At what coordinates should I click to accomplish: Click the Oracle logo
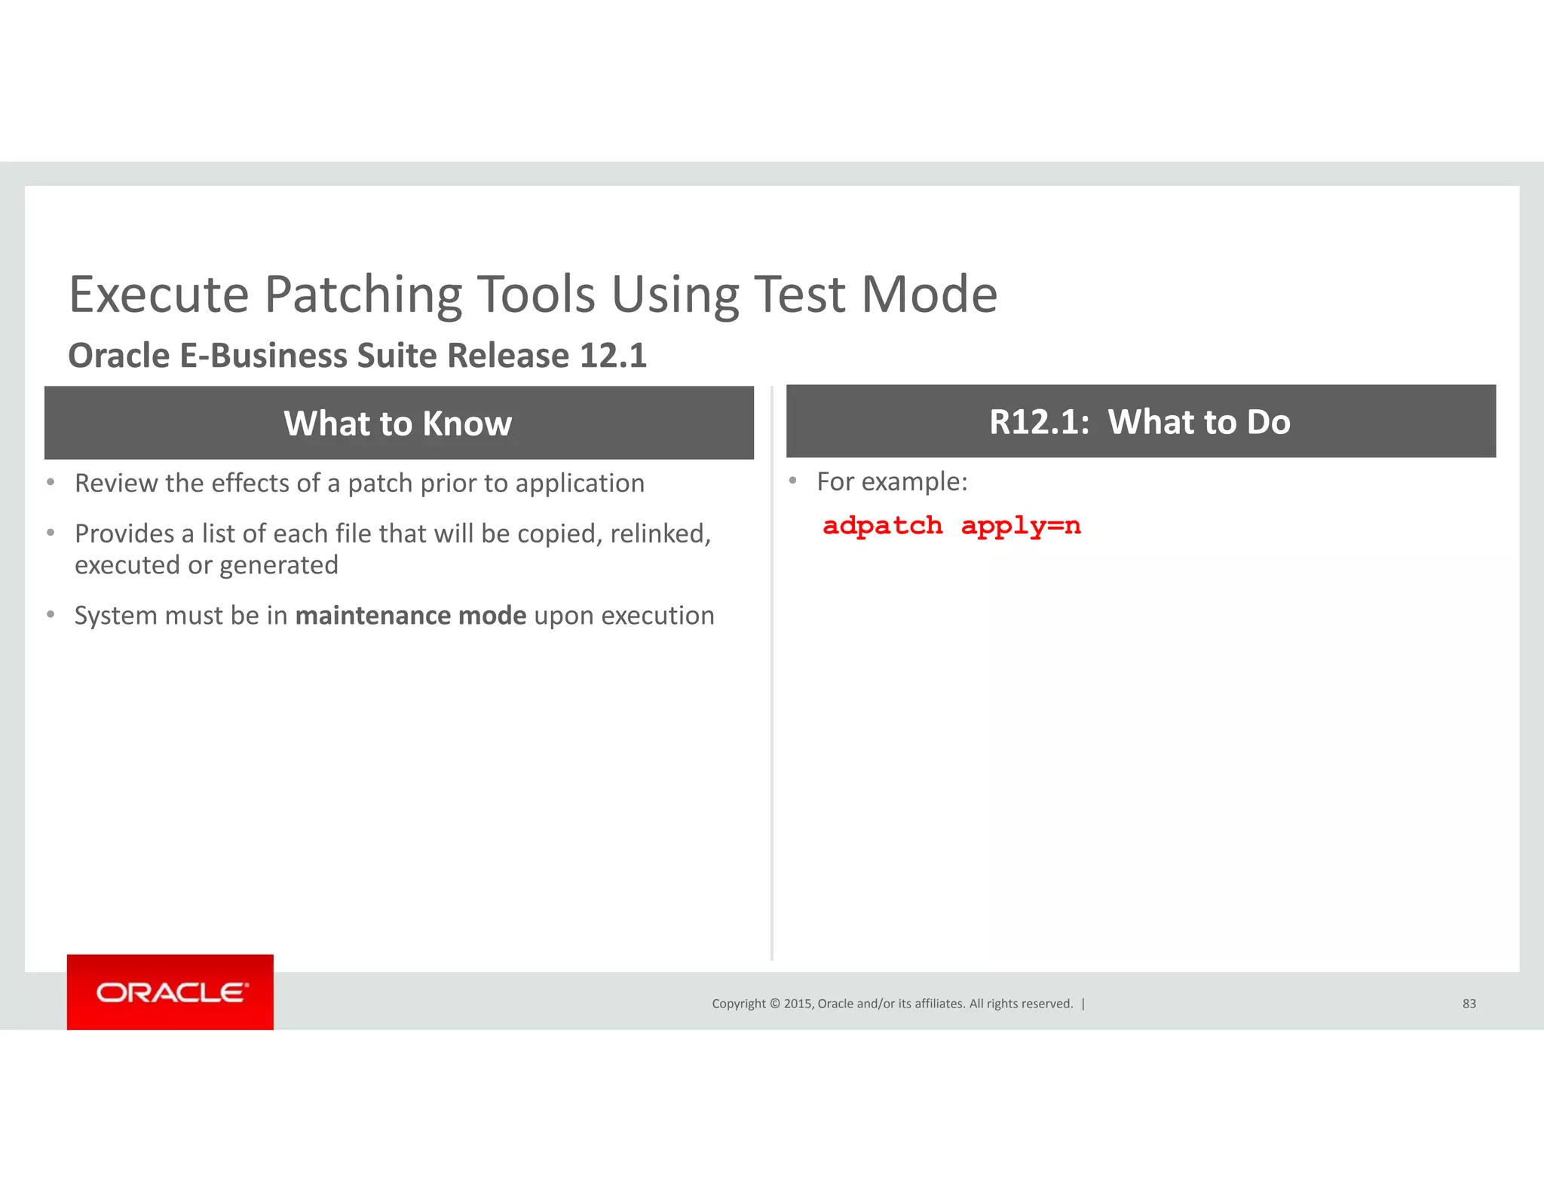[x=170, y=992]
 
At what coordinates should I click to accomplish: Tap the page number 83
[x=1469, y=1004]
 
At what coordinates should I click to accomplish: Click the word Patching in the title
[x=363, y=295]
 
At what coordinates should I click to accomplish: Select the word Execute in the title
[x=159, y=295]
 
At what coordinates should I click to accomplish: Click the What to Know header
[x=398, y=423]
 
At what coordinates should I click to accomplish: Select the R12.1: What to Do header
[x=1140, y=422]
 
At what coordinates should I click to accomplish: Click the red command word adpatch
[x=882, y=526]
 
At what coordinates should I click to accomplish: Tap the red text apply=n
[x=1021, y=526]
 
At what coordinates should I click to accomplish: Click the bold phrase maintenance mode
[x=411, y=616]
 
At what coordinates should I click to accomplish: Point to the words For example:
[x=892, y=481]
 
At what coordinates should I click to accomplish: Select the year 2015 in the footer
[x=798, y=1004]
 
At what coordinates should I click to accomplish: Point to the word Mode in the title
[x=930, y=295]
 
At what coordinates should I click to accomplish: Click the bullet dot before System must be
[x=51, y=615]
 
